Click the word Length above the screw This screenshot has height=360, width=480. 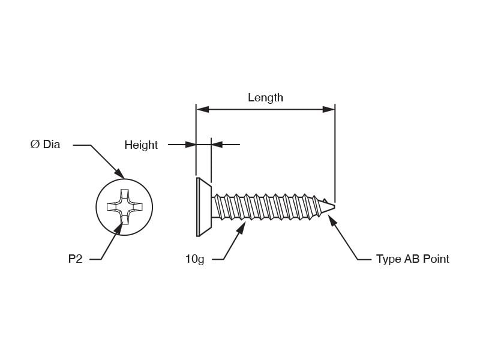tap(265, 98)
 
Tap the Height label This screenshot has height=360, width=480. tap(141, 145)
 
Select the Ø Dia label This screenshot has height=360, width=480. tap(46, 144)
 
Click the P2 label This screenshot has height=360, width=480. tap(76, 259)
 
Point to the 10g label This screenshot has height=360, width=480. tap(194, 259)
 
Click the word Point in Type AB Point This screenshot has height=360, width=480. tap(436, 259)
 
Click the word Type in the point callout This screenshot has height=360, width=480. tap(389, 260)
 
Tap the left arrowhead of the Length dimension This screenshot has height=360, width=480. tap(202, 109)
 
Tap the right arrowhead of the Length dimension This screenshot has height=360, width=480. tap(329, 109)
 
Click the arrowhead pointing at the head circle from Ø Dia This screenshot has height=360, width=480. tap(120, 173)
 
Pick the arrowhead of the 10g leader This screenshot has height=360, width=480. tap(242, 228)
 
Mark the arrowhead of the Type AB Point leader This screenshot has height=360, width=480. tap(332, 220)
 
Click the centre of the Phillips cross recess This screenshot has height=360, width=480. tap(125, 207)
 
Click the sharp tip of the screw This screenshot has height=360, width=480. tap(334, 206)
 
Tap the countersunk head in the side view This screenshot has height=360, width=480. tap(203, 207)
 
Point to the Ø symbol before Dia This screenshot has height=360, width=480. tap(35, 144)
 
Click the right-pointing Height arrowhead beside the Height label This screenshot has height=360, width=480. tap(190, 145)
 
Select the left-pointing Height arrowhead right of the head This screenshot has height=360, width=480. tap(217, 145)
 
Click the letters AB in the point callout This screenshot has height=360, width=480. tap(412, 259)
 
